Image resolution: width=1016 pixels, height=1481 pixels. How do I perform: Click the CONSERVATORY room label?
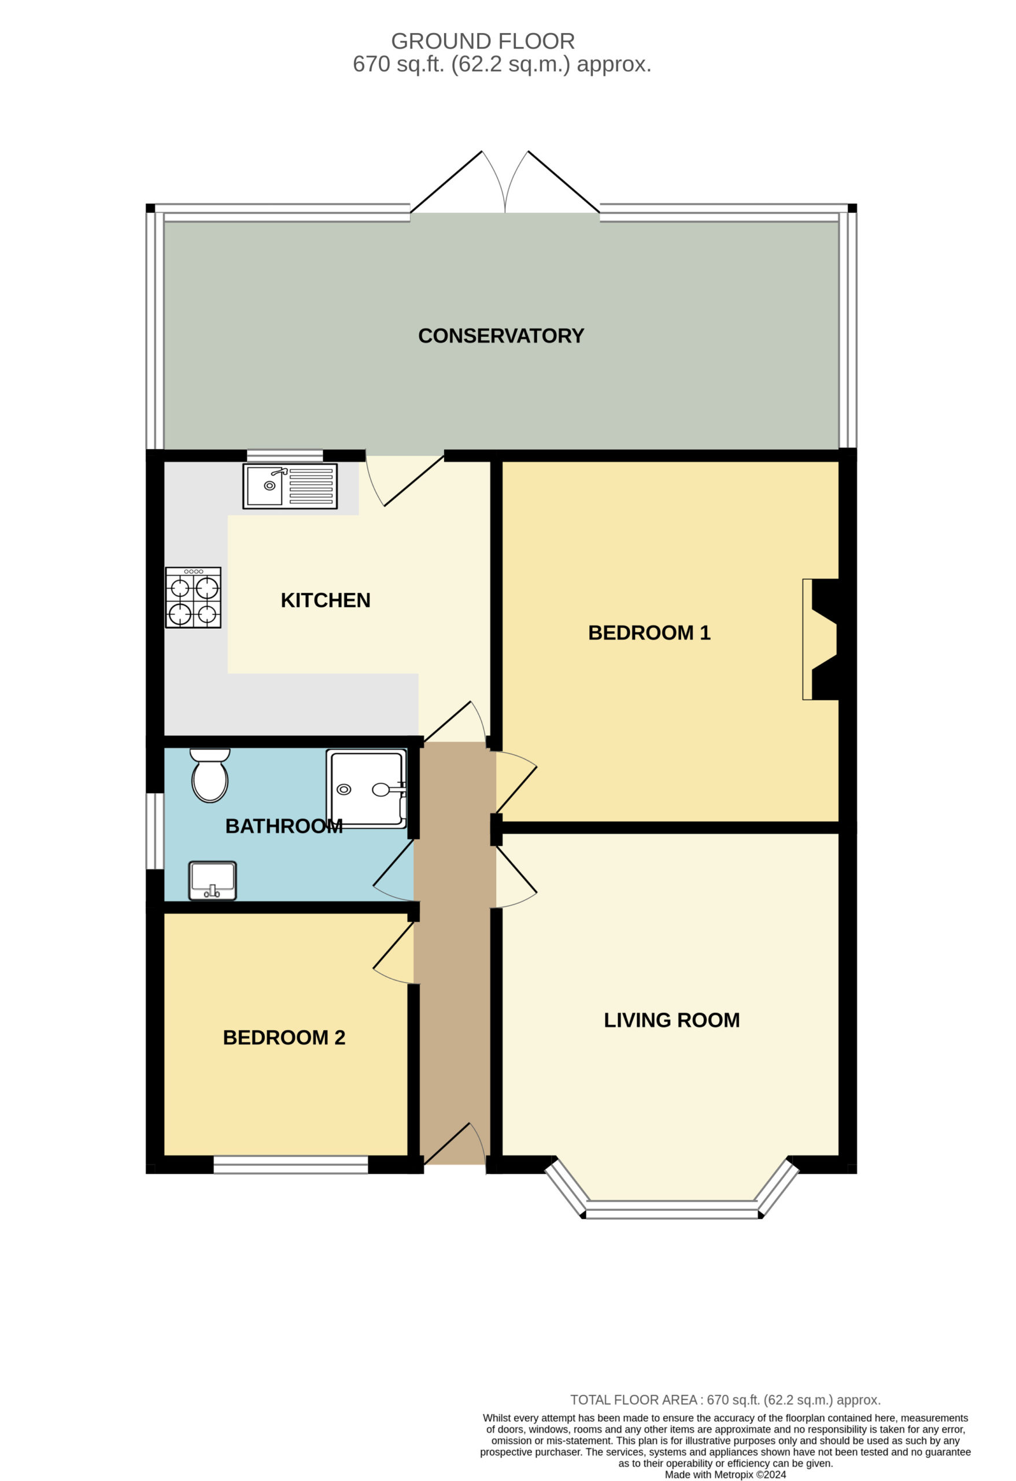tap(501, 336)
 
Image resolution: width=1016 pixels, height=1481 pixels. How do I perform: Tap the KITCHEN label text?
tap(326, 600)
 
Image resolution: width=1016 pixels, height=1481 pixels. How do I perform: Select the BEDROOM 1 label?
tap(649, 633)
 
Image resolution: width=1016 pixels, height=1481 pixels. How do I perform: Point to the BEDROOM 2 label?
tap(284, 1037)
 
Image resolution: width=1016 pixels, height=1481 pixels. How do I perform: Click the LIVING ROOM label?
tap(672, 1021)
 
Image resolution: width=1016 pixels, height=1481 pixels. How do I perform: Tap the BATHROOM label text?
tap(284, 827)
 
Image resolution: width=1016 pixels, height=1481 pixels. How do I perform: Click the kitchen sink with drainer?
tap(290, 486)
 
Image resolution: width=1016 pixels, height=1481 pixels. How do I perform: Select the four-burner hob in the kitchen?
tap(193, 598)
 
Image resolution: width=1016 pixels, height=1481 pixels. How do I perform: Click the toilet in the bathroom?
tap(209, 775)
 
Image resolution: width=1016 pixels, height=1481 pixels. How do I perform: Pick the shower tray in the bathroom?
tap(366, 789)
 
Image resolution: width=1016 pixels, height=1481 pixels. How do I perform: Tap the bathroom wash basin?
tap(212, 881)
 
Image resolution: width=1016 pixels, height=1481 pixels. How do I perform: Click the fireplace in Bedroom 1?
tap(821, 639)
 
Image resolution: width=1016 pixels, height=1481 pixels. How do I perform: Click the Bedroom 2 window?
tap(290, 1165)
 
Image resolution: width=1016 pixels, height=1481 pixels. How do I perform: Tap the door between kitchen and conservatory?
tap(404, 481)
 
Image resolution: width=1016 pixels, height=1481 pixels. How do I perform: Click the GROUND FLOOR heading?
tap(483, 42)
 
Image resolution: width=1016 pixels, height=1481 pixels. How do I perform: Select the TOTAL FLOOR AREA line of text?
tap(725, 1400)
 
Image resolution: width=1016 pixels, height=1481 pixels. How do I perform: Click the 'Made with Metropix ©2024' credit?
tap(726, 1475)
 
